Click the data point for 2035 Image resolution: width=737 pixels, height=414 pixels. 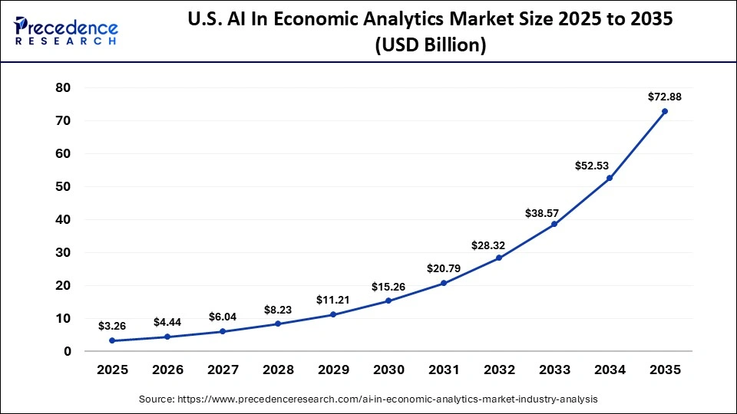[665, 111]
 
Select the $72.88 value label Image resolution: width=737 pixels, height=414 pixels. [665, 97]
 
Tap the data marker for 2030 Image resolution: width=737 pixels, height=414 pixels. [388, 301]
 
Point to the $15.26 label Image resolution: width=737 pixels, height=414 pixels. [388, 286]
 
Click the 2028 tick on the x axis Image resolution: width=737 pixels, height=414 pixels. [278, 370]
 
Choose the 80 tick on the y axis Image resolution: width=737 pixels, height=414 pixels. [63, 88]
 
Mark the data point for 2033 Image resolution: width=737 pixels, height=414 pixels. [554, 224]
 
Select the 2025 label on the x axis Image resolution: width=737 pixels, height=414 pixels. [112, 370]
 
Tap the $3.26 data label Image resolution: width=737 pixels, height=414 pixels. [112, 326]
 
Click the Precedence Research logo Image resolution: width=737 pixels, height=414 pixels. [66, 31]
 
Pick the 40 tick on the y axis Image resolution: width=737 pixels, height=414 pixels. [63, 219]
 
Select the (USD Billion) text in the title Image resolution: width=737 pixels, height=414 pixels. [430, 45]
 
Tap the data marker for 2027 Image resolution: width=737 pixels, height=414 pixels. [223, 331]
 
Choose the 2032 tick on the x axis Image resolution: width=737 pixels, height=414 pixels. [499, 370]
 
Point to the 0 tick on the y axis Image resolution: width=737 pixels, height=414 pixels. [68, 351]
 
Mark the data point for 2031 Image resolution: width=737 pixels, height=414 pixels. [444, 283]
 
